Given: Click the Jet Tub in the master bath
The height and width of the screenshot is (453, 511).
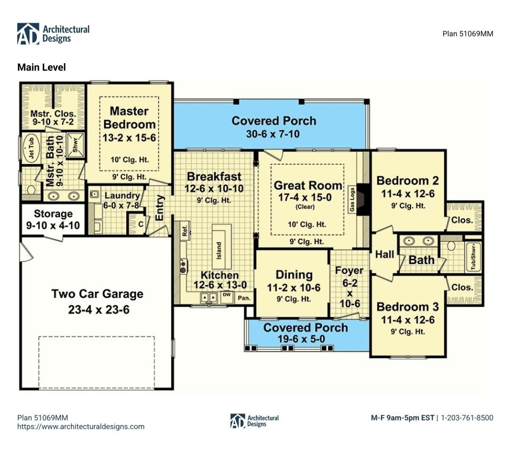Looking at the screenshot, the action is (x=32, y=148).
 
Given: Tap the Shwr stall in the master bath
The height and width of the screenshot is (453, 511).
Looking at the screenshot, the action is (x=75, y=144).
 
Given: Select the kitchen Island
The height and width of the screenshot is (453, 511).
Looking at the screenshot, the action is (x=222, y=242).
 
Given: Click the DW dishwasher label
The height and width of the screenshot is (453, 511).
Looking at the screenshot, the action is (x=226, y=295).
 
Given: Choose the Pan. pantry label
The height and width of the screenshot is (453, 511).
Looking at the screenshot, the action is (x=244, y=298).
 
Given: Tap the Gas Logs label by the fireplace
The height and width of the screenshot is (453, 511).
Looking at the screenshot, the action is (x=352, y=199).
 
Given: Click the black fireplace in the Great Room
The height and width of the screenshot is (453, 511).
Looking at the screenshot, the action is (x=363, y=199).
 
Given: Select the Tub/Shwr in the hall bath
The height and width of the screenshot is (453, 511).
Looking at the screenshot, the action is (x=473, y=257).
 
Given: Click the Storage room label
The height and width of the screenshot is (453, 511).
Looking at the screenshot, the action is (x=53, y=214).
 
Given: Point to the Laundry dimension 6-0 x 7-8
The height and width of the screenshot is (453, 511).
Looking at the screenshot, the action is (x=121, y=206).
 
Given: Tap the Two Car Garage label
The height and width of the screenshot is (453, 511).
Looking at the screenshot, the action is (x=97, y=294).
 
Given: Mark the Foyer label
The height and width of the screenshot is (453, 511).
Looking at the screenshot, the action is (x=349, y=270).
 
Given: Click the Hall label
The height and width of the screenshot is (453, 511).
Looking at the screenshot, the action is (x=385, y=254).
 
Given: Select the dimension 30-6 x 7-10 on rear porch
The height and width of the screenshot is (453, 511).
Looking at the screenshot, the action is (x=273, y=134).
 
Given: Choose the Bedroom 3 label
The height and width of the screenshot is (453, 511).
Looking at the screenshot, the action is (x=408, y=307).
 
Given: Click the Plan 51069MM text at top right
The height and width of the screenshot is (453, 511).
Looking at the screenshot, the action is (x=468, y=34).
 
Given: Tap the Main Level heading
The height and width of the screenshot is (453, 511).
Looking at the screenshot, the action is (x=42, y=67).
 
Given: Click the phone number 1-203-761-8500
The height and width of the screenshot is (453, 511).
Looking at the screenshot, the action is (x=467, y=417).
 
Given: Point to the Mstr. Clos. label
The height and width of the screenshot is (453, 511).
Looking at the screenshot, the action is (x=53, y=114).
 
